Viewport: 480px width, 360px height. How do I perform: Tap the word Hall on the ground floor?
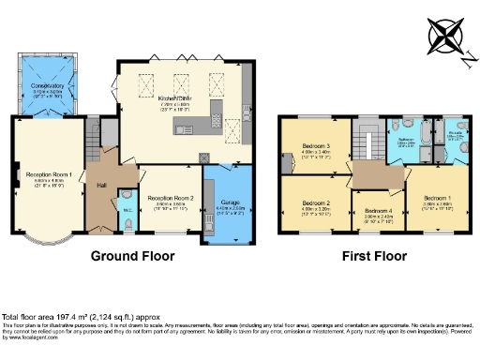tap(101, 186)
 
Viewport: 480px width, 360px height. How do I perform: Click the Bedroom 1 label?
tap(439, 199)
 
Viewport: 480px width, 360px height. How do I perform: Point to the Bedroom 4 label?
tap(376, 210)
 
